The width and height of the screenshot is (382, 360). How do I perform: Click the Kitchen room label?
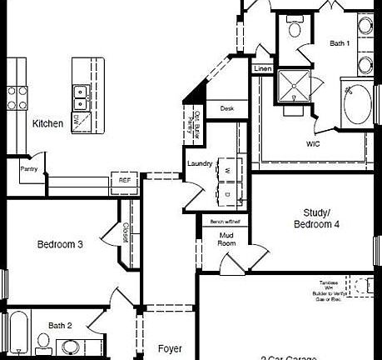pos(47,123)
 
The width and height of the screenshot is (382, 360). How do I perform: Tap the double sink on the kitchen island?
pos(81,97)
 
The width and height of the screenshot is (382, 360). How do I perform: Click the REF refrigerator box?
pos(124,180)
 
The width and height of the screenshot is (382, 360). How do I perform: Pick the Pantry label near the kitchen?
pos(29,168)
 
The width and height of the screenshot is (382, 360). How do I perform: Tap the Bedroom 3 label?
pos(60,244)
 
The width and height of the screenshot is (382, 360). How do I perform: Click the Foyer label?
pos(170,348)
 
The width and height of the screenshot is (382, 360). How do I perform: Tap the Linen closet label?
pos(262,68)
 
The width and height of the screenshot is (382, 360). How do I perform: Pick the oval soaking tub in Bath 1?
pos(360,104)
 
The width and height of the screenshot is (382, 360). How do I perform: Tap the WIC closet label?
pos(313,142)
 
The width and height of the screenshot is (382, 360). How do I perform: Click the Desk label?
pos(227,108)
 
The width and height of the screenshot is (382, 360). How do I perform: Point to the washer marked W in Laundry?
pos(227,170)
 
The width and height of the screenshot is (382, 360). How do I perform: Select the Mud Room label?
pos(226,240)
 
